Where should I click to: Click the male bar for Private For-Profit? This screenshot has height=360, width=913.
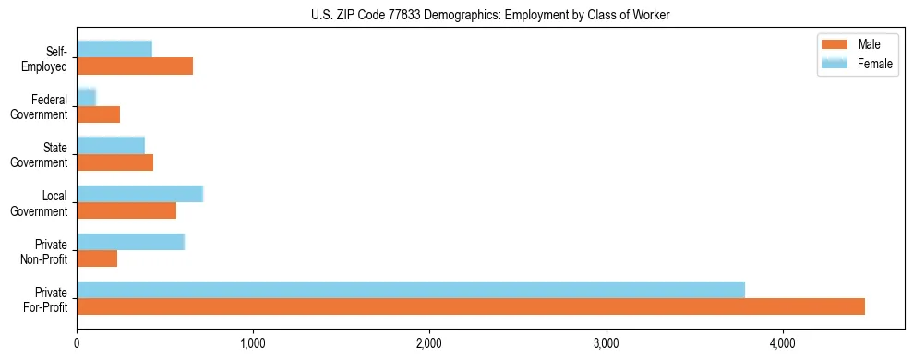click(x=471, y=306)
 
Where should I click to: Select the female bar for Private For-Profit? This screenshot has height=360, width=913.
click(x=411, y=290)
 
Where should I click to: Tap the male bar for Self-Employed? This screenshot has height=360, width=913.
click(x=135, y=66)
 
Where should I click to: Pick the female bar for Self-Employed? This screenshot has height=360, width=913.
click(x=114, y=49)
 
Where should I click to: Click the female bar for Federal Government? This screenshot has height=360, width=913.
click(x=87, y=97)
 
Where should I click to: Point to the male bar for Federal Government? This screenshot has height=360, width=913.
click(x=99, y=114)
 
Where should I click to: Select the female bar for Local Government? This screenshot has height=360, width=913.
click(x=139, y=193)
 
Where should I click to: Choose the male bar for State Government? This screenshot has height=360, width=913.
click(x=115, y=162)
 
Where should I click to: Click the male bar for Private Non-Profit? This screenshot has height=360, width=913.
click(x=97, y=258)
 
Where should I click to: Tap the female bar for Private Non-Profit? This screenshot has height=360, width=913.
click(x=131, y=241)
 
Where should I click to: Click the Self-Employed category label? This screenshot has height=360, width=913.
click(x=45, y=58)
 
